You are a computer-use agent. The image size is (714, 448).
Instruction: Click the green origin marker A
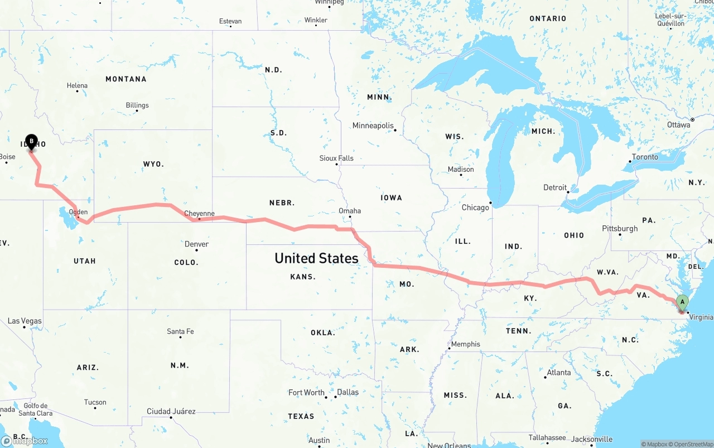click(x=682, y=303)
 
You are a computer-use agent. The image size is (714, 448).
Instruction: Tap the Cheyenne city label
click(x=199, y=214)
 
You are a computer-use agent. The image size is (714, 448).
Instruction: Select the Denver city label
click(x=196, y=244)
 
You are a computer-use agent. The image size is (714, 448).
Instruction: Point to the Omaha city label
click(x=350, y=211)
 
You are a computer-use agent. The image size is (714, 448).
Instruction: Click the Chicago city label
click(x=475, y=208)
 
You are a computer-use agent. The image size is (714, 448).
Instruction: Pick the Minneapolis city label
click(x=373, y=126)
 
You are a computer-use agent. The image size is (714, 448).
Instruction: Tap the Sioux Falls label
click(x=336, y=158)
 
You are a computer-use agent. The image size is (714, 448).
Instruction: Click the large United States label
click(x=316, y=258)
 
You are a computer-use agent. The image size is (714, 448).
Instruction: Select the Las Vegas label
click(x=25, y=321)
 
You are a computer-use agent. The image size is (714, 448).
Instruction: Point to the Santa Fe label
click(x=180, y=331)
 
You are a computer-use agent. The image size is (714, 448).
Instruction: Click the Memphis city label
click(x=465, y=344)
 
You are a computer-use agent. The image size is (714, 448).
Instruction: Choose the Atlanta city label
click(x=558, y=373)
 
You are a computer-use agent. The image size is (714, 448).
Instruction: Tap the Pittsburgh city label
click(x=620, y=229)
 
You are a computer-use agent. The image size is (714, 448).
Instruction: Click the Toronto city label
click(x=645, y=157)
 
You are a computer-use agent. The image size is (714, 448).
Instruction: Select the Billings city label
click(x=137, y=105)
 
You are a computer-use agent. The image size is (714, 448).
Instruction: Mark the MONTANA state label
click(x=126, y=79)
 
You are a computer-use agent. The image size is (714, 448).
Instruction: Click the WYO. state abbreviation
click(x=153, y=164)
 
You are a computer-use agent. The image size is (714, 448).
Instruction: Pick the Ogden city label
click(x=78, y=212)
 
